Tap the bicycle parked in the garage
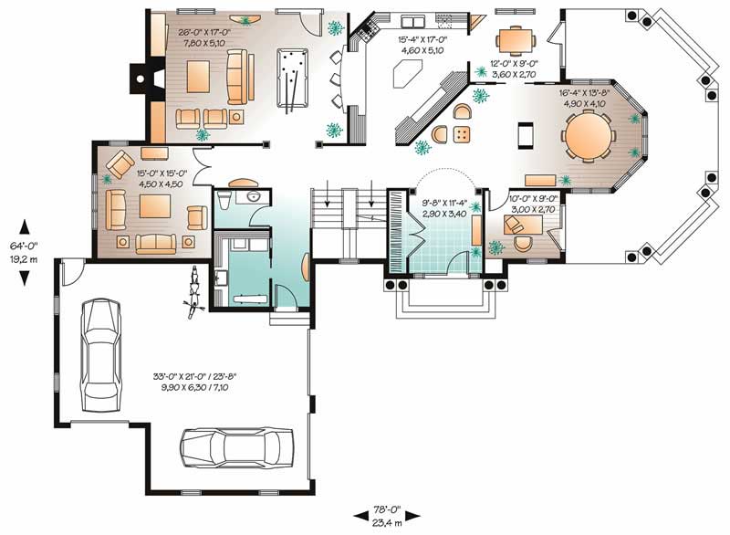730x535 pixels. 193,289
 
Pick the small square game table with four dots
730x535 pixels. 463,134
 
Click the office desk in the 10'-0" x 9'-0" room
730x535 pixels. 522,241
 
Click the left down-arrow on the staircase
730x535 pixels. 326,195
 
